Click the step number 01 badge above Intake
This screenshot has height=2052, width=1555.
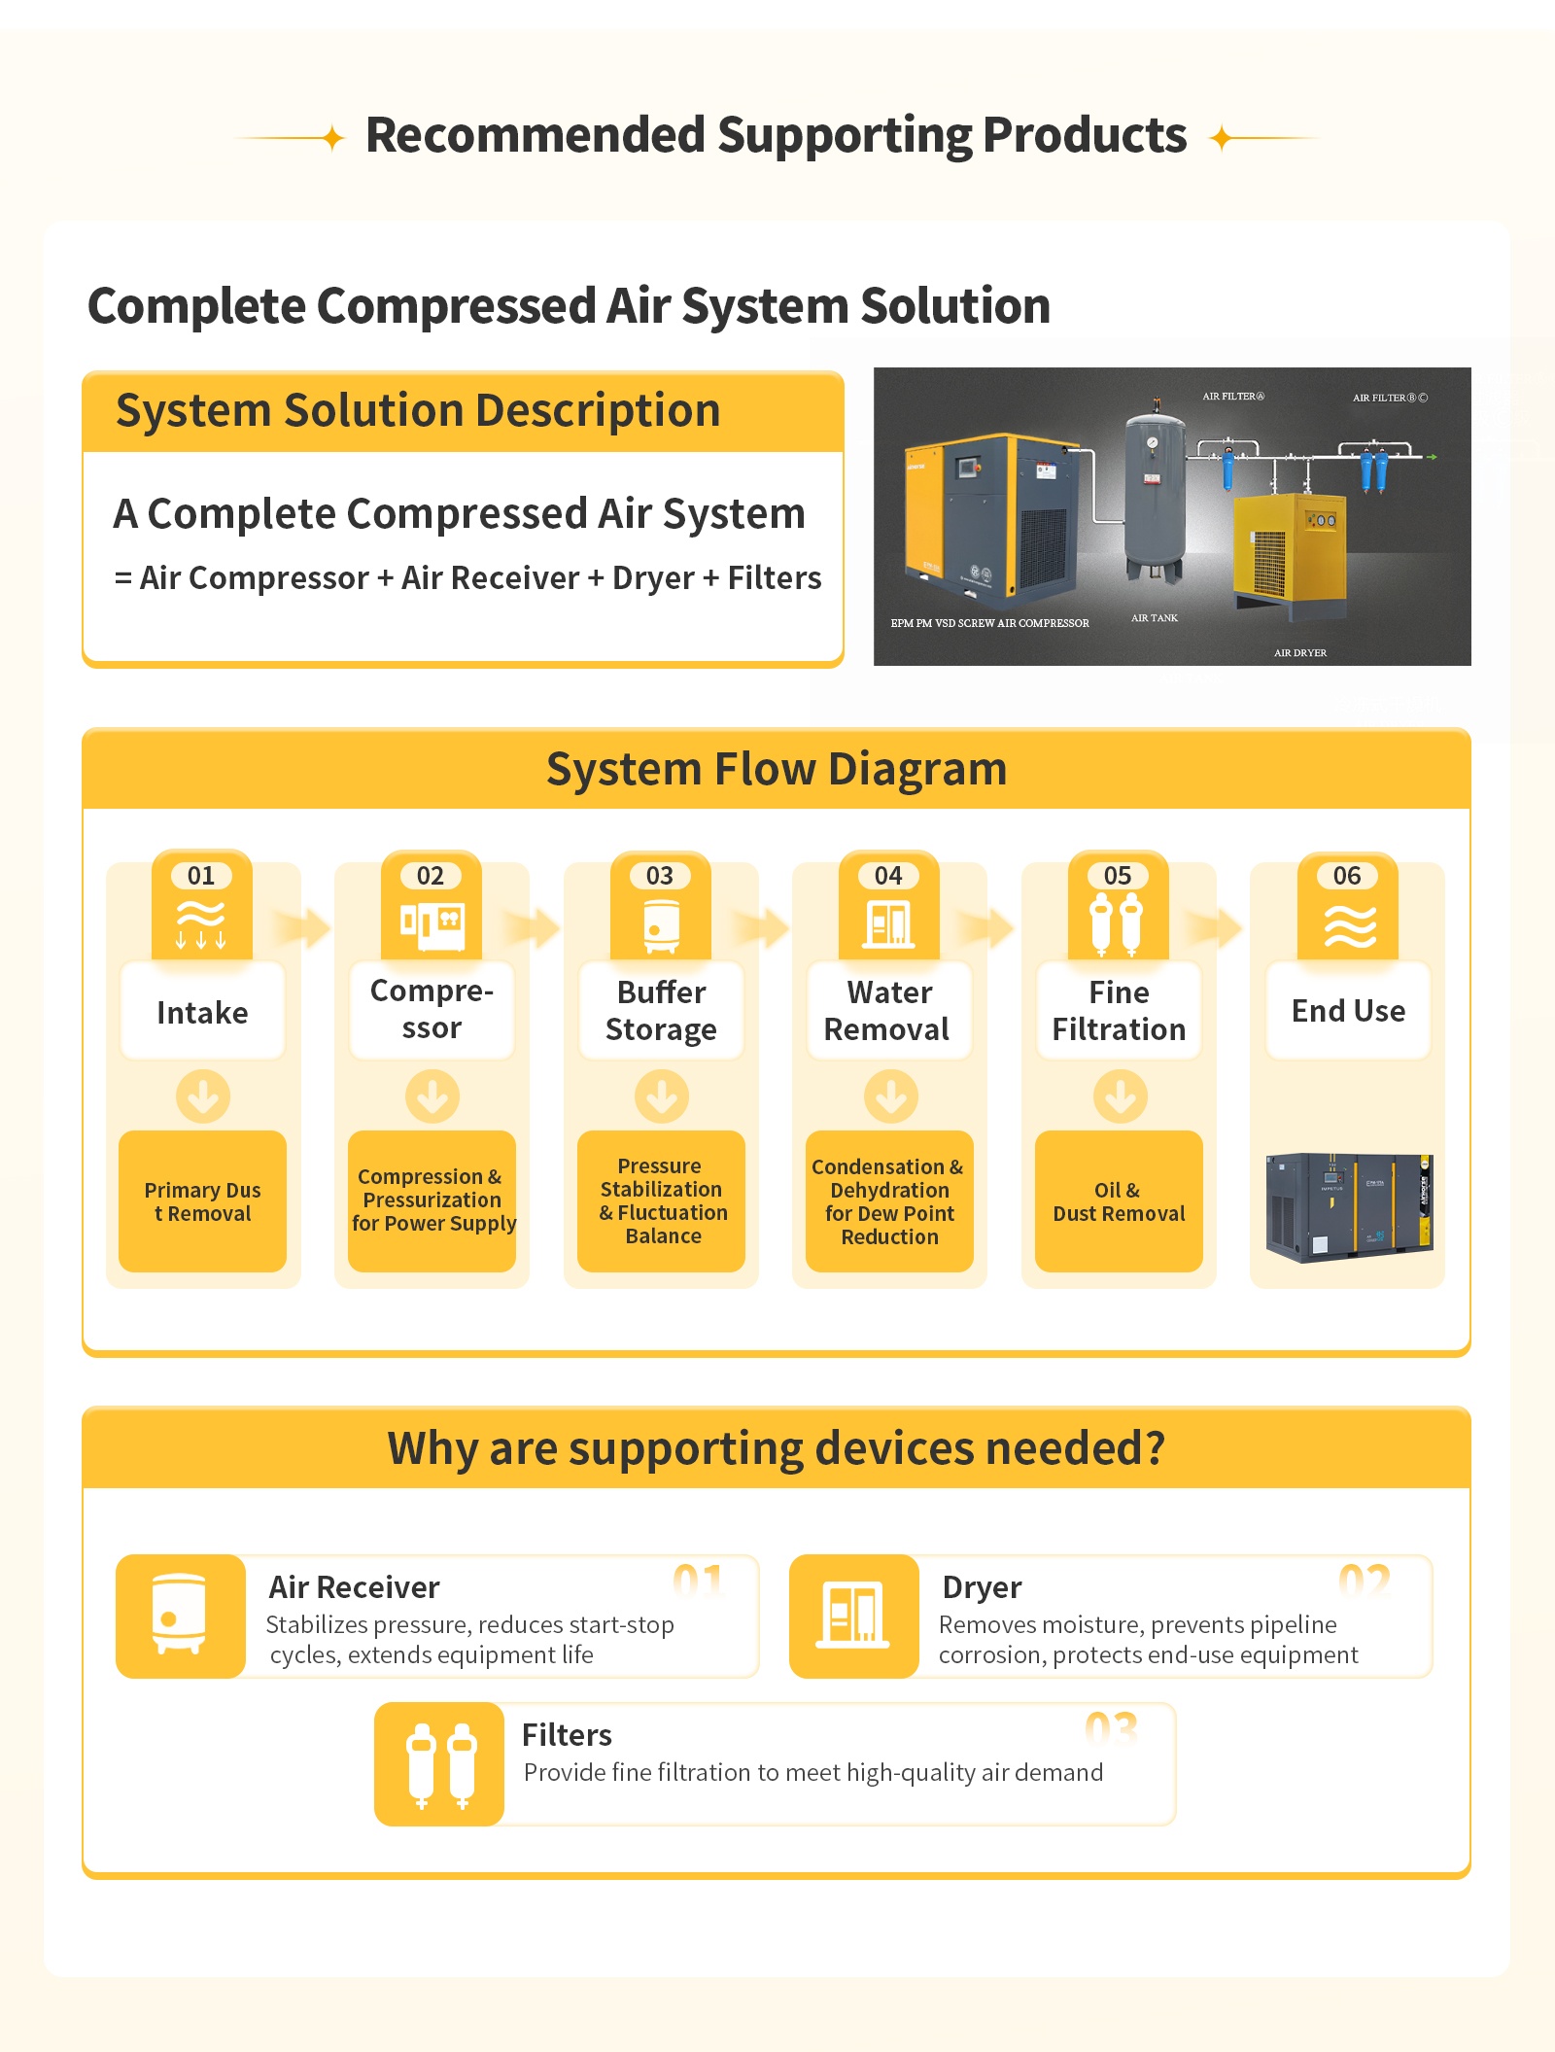[x=201, y=876]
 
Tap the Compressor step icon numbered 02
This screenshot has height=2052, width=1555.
[x=432, y=925]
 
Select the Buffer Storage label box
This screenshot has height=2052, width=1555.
[x=661, y=1011]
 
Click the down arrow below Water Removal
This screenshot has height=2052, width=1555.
[x=890, y=1096]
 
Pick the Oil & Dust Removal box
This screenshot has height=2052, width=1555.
[x=1119, y=1201]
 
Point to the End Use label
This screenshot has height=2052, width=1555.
[x=1348, y=1011]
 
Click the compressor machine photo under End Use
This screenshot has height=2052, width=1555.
[x=1349, y=1207]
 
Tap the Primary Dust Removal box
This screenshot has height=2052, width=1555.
[x=202, y=1201]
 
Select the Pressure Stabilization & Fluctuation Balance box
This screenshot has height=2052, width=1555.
[x=661, y=1201]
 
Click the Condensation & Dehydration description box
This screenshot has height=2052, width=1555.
[x=889, y=1201]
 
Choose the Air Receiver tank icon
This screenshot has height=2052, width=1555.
[x=179, y=1615]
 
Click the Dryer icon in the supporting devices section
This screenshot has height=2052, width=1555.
[x=853, y=1615]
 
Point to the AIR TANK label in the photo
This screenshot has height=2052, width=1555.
[x=1155, y=618]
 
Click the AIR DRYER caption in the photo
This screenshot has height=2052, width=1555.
[x=1300, y=653]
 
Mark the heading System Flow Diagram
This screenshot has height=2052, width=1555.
[x=777, y=769]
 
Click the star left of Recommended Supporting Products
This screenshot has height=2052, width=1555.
[x=333, y=138]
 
